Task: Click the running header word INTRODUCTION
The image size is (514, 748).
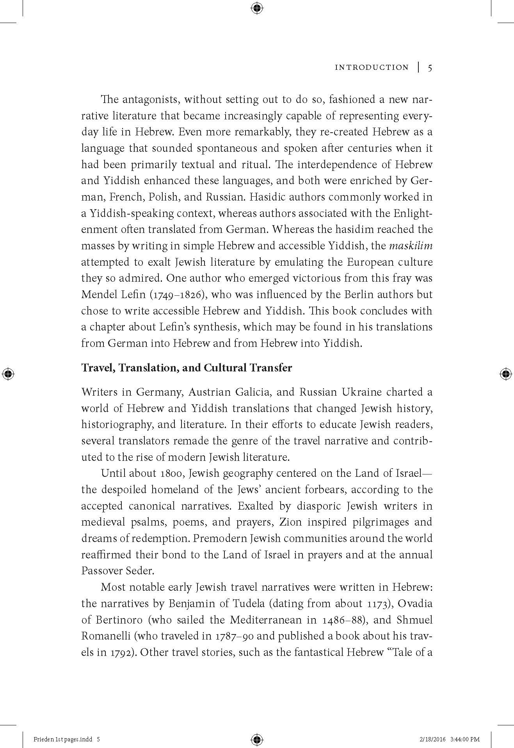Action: pyautogui.click(x=372, y=68)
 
